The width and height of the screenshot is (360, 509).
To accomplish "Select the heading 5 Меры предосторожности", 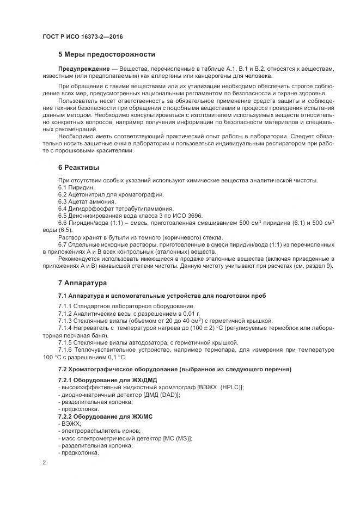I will click(106, 54).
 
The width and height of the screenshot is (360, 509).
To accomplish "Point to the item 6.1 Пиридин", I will click(76, 187).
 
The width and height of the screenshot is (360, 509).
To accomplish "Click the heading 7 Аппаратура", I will click(83, 283).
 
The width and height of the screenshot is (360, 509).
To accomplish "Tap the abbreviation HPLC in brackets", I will click(229, 387).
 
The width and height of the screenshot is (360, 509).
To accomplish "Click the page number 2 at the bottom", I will click(45, 463).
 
